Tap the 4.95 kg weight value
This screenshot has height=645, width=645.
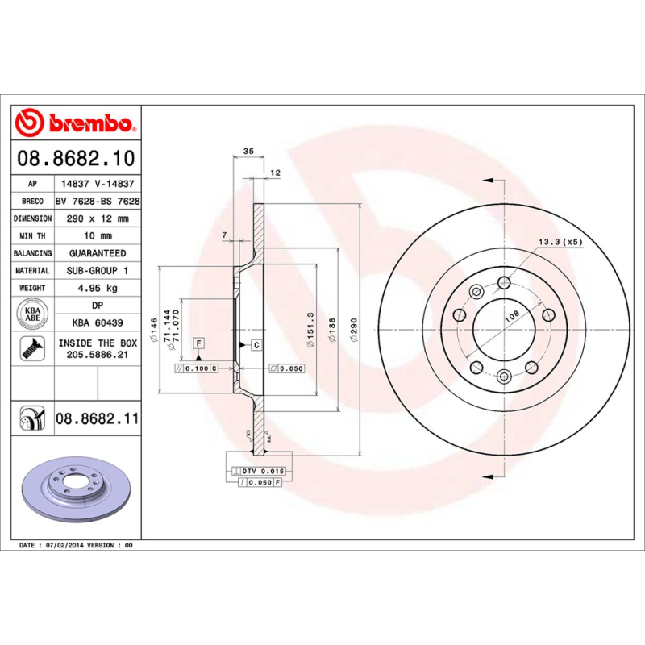pos(97,288)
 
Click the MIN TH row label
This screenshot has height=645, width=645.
pos(32,235)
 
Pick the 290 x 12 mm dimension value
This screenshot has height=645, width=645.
pos(97,218)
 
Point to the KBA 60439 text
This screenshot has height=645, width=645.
pos(97,322)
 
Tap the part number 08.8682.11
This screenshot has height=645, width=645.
pos(97,419)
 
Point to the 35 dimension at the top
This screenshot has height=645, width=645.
pos(248,152)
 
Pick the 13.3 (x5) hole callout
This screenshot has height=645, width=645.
pos(560,242)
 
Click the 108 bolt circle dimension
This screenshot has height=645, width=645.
pos(510,318)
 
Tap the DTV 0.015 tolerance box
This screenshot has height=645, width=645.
pos(263,470)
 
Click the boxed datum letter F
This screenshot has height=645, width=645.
pos(197,344)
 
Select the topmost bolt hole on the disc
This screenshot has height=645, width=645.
pos(504,281)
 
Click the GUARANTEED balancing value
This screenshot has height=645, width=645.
pos(97,253)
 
